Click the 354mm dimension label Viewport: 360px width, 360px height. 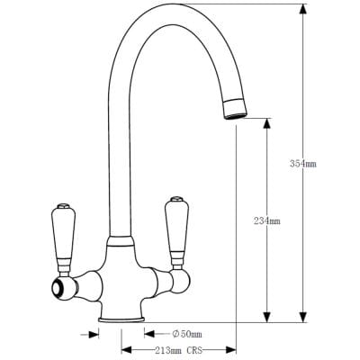tap(303, 164)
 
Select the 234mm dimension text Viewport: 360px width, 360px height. tap(267, 220)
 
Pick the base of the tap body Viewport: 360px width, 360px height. tap(120, 316)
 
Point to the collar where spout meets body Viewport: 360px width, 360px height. tap(121, 241)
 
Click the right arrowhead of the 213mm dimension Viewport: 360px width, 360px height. tap(231, 350)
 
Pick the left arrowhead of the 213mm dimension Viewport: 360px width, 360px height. tap(126, 350)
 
